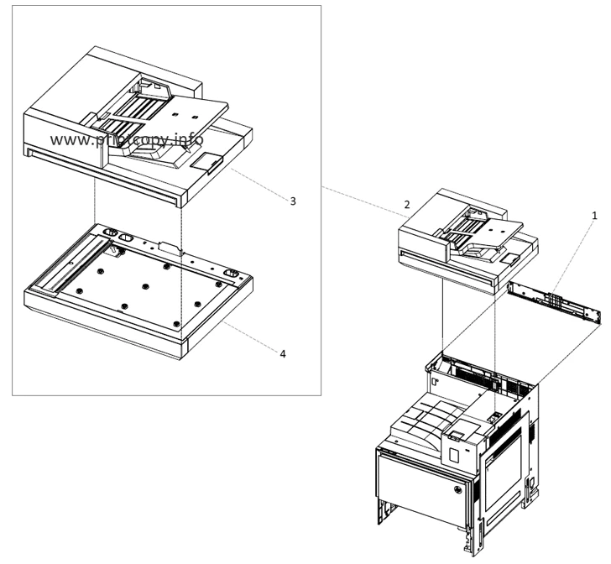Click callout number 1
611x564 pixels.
coord(595,216)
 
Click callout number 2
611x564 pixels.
coord(406,205)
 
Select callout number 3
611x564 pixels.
coord(292,201)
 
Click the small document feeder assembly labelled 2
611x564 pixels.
coord(462,239)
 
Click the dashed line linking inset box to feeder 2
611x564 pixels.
coord(361,197)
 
